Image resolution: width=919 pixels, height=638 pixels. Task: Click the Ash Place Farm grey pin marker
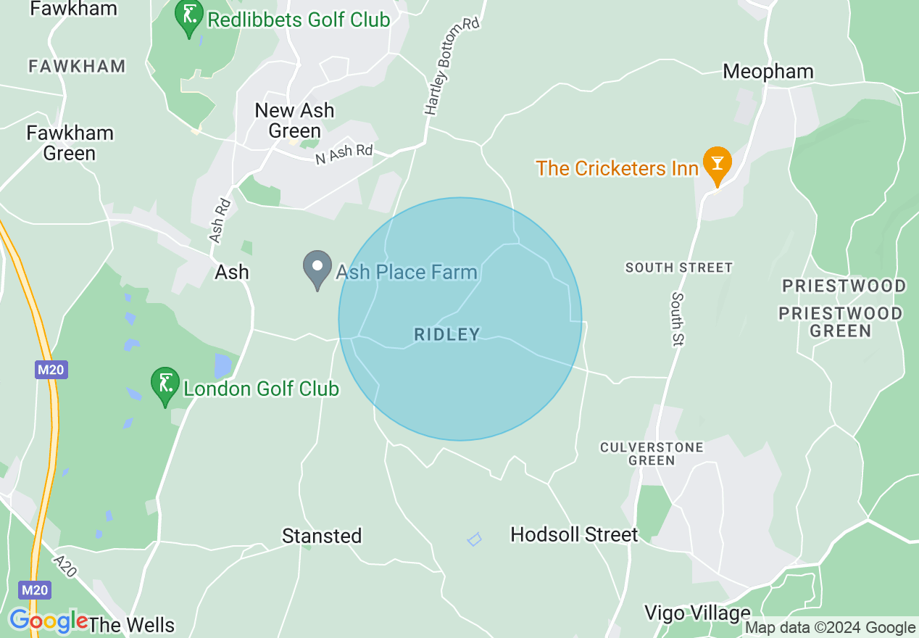(x=317, y=270)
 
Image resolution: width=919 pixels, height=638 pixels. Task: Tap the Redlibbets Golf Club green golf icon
(x=189, y=18)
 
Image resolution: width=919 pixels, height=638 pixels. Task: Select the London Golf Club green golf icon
(x=165, y=386)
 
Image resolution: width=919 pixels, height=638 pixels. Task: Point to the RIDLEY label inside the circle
(x=447, y=334)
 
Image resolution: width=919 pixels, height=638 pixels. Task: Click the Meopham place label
(x=768, y=71)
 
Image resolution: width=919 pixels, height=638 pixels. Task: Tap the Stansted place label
(x=322, y=536)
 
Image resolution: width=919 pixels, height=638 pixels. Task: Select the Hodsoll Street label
(x=574, y=535)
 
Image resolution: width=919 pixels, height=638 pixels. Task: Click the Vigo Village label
(x=697, y=613)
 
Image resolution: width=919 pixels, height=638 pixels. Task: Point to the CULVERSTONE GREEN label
(x=652, y=454)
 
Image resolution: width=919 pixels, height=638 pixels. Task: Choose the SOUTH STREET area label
(x=679, y=268)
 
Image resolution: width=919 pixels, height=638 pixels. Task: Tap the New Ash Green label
(x=294, y=120)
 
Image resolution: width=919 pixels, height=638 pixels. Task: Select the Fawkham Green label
(x=70, y=143)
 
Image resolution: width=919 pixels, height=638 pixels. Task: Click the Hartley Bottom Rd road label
(x=452, y=67)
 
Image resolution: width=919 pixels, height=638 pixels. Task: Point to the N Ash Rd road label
(x=344, y=154)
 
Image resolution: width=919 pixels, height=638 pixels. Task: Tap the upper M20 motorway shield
(x=51, y=370)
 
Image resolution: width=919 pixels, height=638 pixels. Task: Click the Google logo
(x=48, y=621)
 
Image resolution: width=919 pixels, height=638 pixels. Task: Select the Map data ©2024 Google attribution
(x=831, y=628)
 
